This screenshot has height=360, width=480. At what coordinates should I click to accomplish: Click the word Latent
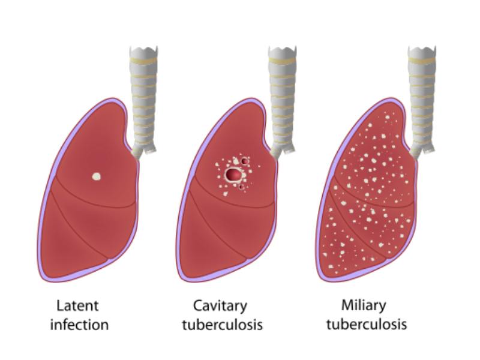coord(78,306)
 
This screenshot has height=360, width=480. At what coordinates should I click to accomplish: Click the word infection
coord(79,325)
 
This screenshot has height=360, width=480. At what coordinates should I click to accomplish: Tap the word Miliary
coord(364,306)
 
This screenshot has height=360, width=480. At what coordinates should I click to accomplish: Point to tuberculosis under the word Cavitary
coord(223,325)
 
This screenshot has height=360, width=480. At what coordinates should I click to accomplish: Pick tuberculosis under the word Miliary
coord(367,324)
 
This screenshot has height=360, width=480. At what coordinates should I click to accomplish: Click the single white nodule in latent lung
coord(97,176)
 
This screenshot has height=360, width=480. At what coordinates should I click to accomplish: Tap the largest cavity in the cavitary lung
coord(233,174)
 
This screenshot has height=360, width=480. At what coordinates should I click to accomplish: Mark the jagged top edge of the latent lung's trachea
coord(143,49)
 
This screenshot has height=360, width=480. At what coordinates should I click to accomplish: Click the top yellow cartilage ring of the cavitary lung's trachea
coord(283,61)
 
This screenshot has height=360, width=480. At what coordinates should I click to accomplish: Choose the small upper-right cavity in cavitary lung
coord(244,161)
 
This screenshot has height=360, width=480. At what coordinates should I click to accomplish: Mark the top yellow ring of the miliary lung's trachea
coord(422,61)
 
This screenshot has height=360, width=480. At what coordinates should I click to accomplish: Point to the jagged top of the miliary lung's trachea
coord(422,49)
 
